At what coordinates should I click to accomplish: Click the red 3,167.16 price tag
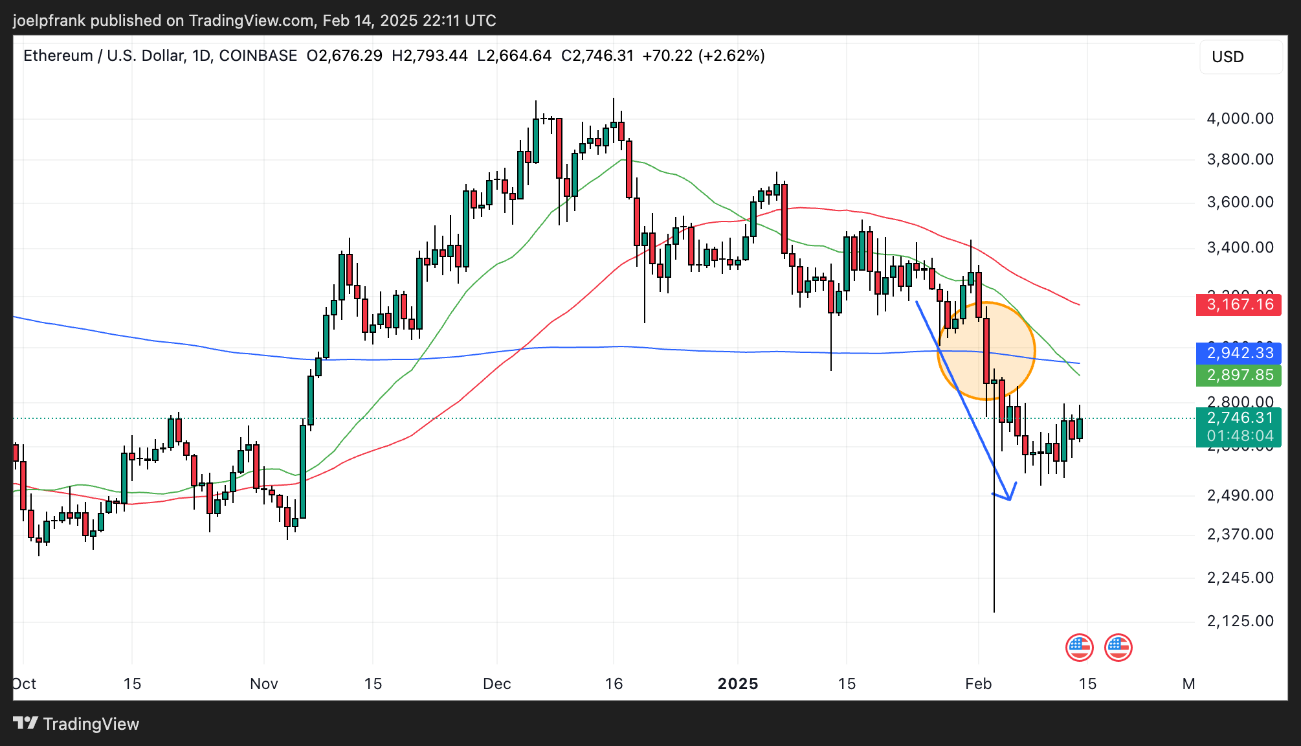[1239, 304]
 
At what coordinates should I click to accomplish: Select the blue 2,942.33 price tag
[1239, 353]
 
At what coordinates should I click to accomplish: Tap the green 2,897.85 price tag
[1239, 375]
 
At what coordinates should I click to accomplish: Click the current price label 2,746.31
[1239, 418]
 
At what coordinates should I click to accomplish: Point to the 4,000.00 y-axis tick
[1240, 119]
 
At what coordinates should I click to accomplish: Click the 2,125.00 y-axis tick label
[1240, 621]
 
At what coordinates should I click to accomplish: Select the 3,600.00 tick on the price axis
[1240, 202]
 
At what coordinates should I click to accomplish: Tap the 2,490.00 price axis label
[1240, 495]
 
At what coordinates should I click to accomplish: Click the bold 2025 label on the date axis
[738, 684]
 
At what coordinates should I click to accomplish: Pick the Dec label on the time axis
[497, 684]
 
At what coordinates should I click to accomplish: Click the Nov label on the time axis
[264, 684]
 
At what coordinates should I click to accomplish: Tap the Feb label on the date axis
[978, 684]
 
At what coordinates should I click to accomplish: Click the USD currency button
[1228, 57]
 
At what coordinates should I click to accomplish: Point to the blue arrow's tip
[1010, 499]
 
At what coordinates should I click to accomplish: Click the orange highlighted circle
[986, 351]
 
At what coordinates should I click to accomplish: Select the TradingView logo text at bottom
[91, 724]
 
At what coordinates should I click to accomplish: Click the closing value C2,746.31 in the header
[597, 56]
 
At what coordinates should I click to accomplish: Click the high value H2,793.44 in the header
[430, 56]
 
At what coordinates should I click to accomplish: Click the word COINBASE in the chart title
[258, 56]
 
